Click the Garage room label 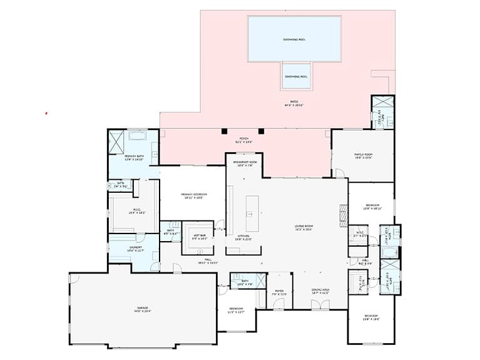click(145, 309)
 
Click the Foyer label click(279, 292)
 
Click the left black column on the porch click(223, 131)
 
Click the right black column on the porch click(261, 131)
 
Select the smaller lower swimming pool click(296, 76)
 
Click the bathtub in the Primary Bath click(138, 135)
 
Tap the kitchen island click(253, 213)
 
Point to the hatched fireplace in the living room click(341, 215)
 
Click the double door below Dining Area click(320, 305)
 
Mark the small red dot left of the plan click(46, 113)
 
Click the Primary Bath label click(133, 158)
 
